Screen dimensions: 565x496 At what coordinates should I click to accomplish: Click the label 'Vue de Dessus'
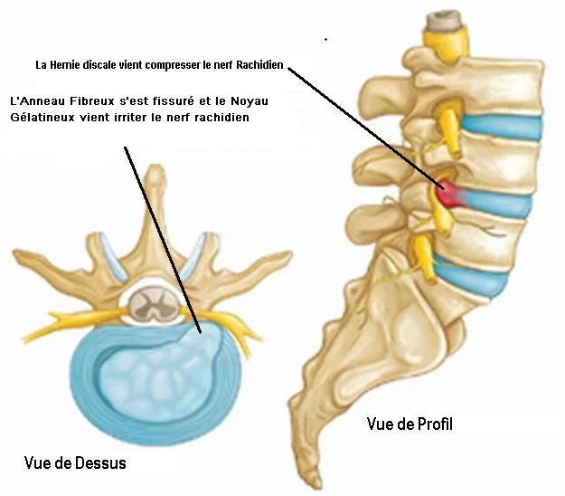click(75, 463)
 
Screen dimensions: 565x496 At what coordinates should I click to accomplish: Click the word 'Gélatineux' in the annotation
click(42, 118)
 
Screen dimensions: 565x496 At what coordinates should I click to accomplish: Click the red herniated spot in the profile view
click(449, 191)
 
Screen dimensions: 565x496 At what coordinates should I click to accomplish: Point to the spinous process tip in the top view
click(155, 172)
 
